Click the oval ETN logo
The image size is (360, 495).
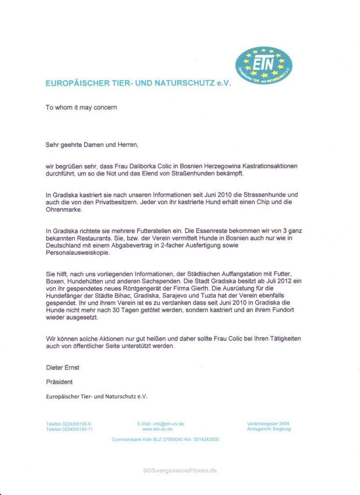264,66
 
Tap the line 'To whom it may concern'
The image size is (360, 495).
81,107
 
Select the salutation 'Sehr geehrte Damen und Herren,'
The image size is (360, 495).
92,144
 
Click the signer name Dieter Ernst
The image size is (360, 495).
63,367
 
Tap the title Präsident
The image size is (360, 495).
59,382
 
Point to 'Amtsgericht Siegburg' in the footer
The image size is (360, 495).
269,429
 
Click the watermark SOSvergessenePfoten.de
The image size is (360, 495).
180,470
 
